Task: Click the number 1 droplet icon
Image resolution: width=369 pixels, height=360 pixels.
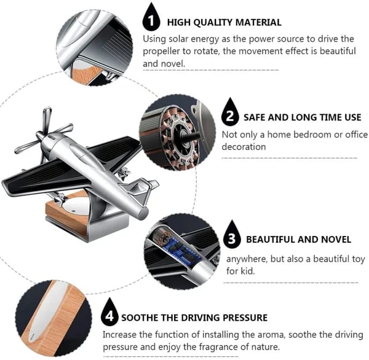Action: tap(150, 20)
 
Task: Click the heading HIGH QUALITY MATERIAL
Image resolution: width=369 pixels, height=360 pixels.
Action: tap(224, 22)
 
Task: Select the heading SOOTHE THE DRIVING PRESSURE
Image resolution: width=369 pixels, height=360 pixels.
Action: tap(194, 318)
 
